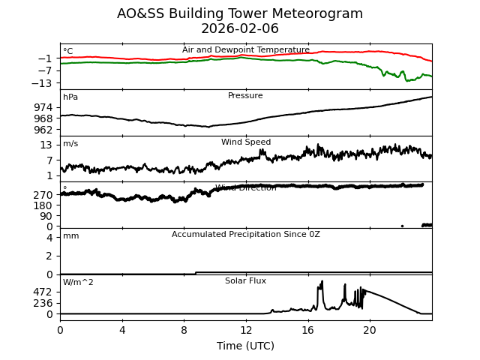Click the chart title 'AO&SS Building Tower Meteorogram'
(x=240, y=13)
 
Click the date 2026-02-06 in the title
(x=240, y=28)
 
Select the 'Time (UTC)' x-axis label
(x=245, y=346)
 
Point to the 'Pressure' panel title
(x=245, y=96)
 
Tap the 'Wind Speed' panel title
(x=245, y=142)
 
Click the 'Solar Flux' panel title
(x=245, y=281)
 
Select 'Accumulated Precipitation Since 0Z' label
(x=245, y=235)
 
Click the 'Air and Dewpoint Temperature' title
(x=245, y=50)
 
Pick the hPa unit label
(x=70, y=97)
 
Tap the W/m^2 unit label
(x=78, y=283)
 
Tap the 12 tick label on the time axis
(x=245, y=330)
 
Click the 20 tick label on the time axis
(x=370, y=330)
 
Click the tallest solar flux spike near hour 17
(x=322, y=282)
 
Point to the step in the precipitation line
(x=196, y=273)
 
